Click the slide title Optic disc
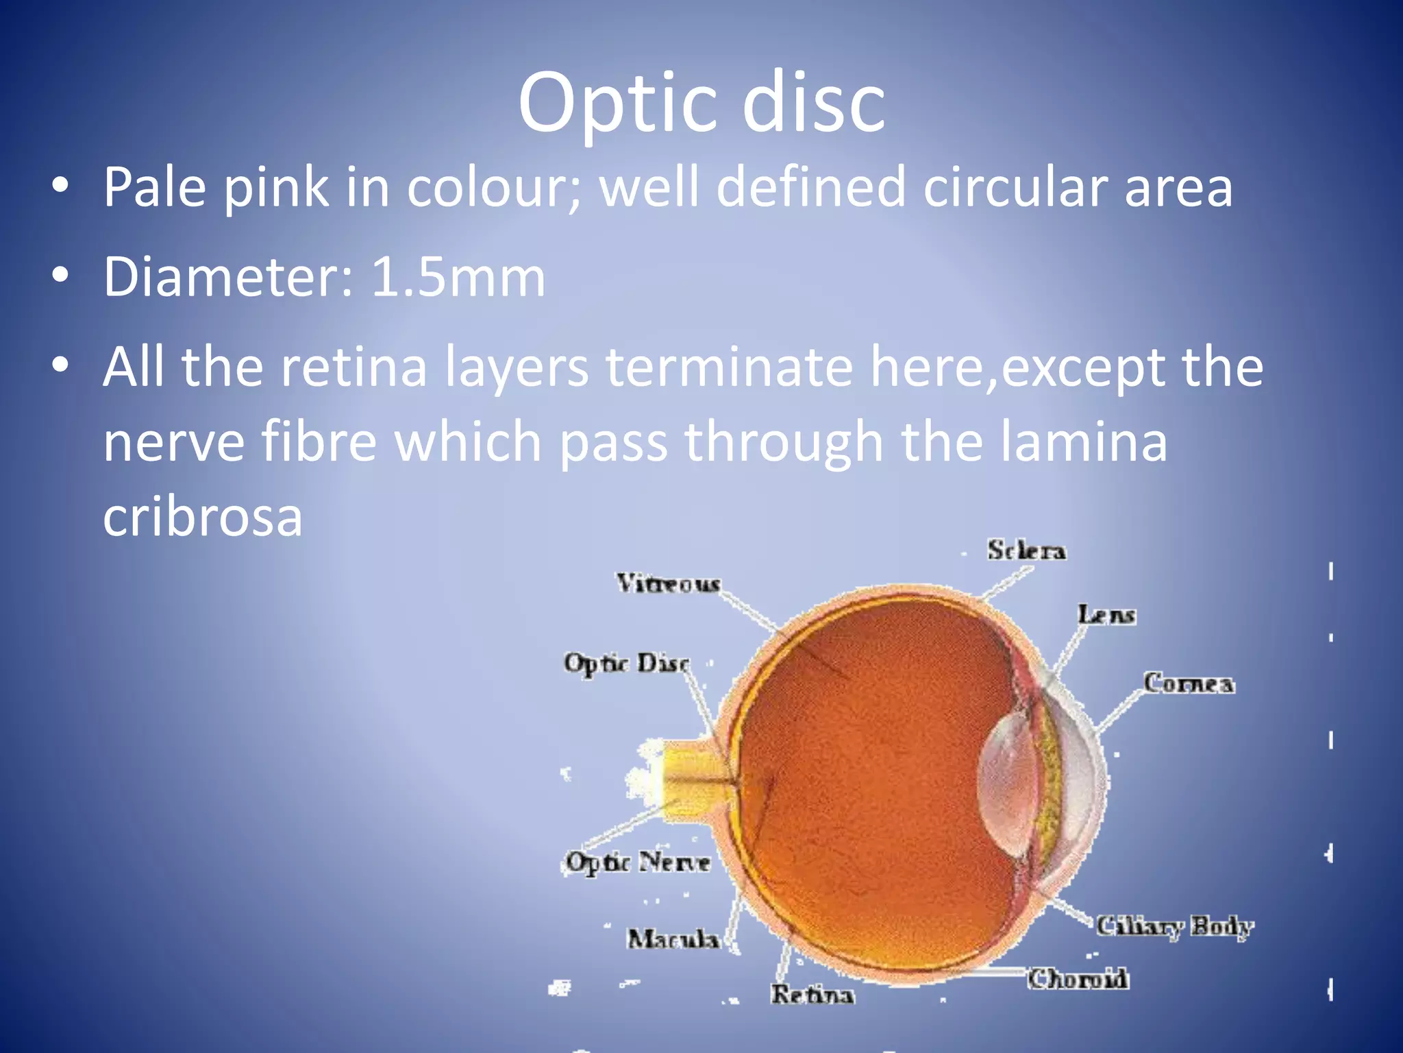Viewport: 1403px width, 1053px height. click(x=701, y=103)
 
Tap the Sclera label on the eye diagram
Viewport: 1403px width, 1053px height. click(x=1026, y=550)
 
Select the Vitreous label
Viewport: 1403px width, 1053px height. click(x=668, y=583)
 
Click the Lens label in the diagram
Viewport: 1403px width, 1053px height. click(x=1106, y=615)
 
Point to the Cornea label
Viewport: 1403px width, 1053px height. click(x=1189, y=683)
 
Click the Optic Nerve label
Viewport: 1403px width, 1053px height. click(x=638, y=862)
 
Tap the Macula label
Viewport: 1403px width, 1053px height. click(x=673, y=939)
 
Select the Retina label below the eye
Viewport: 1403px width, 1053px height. click(x=812, y=994)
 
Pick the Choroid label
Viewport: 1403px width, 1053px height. click(x=1078, y=979)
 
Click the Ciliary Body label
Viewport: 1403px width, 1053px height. click(x=1174, y=926)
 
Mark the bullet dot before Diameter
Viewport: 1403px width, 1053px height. click(x=60, y=276)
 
